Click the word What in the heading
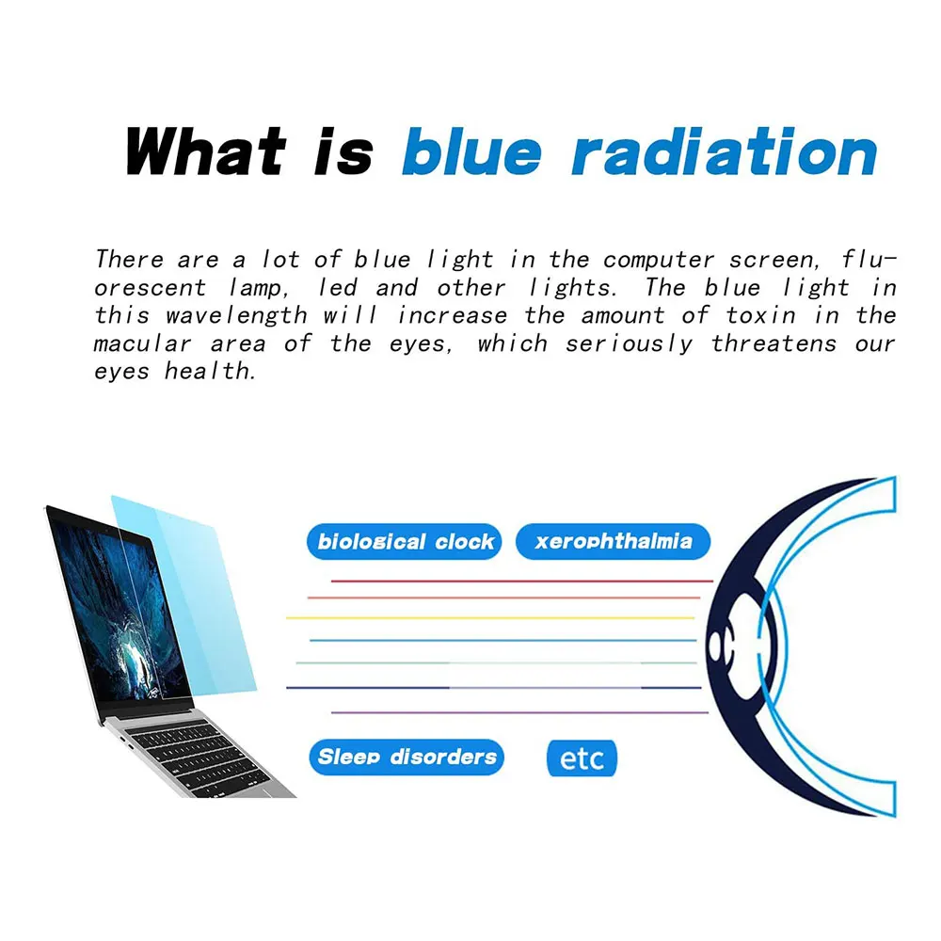pyautogui.click(x=205, y=151)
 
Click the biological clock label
pyautogui.click(x=405, y=542)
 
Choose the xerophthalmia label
pyautogui.click(x=613, y=542)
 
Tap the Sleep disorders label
pyautogui.click(x=407, y=757)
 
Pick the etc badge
pyautogui.click(x=582, y=758)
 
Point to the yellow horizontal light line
pyautogui.click(x=489, y=617)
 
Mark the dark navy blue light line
pyautogui.click(x=367, y=688)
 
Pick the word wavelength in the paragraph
pyautogui.click(x=237, y=315)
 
